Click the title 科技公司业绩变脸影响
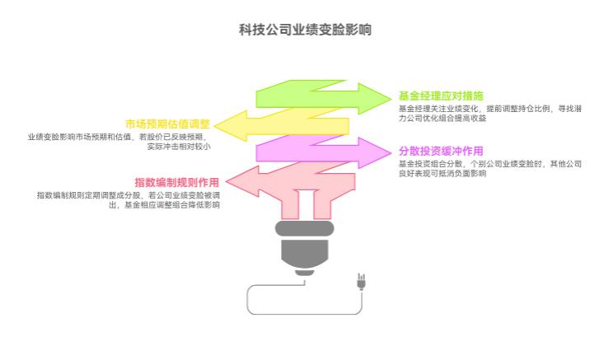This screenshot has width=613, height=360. coord(306,30)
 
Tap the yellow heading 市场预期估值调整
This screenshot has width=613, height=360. coord(168,124)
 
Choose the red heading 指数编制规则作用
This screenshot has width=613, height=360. coord(177,182)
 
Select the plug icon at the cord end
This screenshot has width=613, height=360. coord(360,282)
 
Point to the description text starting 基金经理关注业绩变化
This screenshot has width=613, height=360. coord(485,108)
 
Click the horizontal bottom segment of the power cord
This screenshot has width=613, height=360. coord(304,314)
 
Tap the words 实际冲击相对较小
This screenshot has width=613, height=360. coord(179,147)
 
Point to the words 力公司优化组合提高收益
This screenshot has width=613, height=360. coord(442,118)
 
